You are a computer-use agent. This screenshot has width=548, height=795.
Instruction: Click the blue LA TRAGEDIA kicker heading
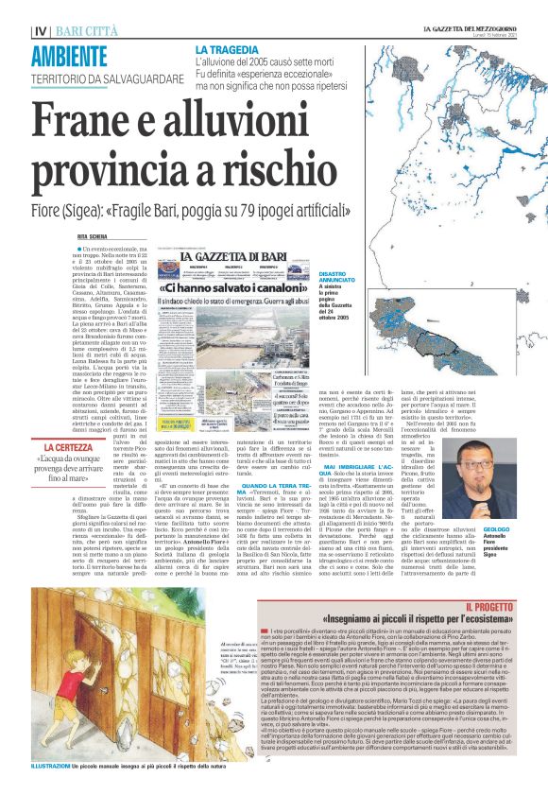228,49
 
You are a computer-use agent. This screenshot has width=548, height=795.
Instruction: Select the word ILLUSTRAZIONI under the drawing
48,765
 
